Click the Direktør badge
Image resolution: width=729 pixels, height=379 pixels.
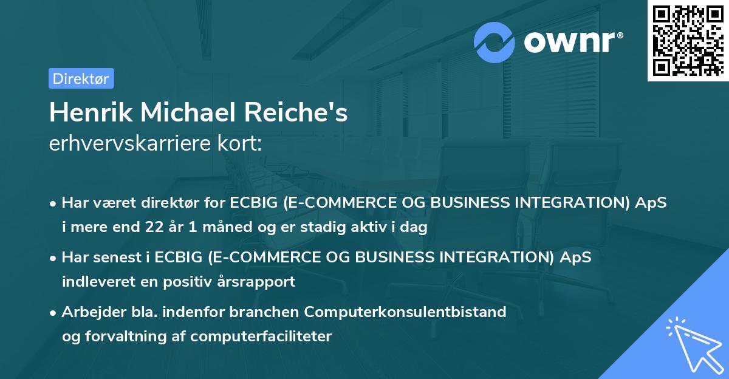tap(81, 78)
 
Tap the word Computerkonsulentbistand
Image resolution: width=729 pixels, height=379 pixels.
tap(405, 312)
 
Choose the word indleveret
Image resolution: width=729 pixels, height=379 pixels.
tap(94, 281)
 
